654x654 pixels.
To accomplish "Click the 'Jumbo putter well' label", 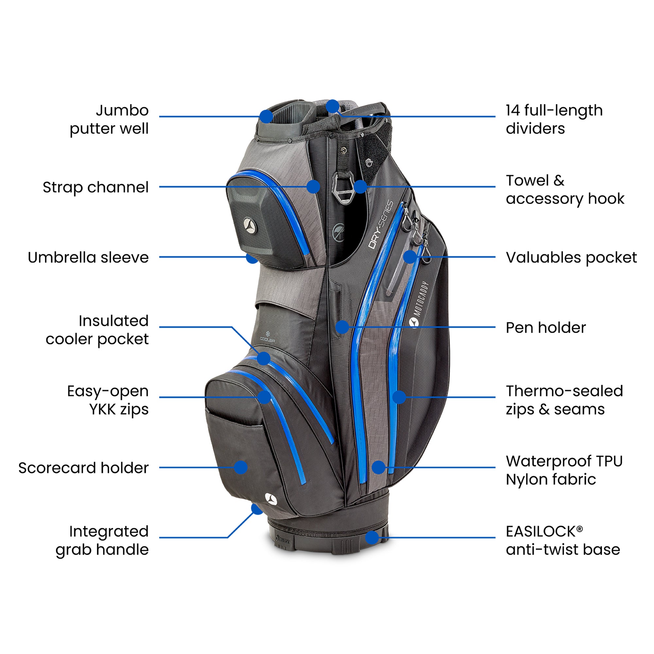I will point(109,119).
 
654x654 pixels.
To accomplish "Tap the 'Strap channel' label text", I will point(95,187).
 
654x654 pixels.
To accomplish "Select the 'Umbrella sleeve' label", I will point(88,257).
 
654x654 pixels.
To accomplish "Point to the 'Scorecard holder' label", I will point(83,468).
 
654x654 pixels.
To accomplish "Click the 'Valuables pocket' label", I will point(571,257).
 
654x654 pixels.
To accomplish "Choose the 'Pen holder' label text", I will point(546,327).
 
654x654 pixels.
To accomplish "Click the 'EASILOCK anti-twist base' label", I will point(562,540).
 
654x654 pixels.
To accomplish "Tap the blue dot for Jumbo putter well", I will point(267,116).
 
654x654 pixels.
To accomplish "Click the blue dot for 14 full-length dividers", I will point(333,106).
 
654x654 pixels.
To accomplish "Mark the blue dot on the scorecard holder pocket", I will point(241,468).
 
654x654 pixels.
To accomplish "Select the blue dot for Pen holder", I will point(342,327).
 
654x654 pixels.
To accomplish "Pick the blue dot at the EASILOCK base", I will point(372,537).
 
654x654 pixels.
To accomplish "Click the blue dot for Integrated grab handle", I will point(257,509).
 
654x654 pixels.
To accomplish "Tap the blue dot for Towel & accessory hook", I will point(360,186).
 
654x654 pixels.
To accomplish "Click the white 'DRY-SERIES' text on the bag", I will point(381,225).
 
